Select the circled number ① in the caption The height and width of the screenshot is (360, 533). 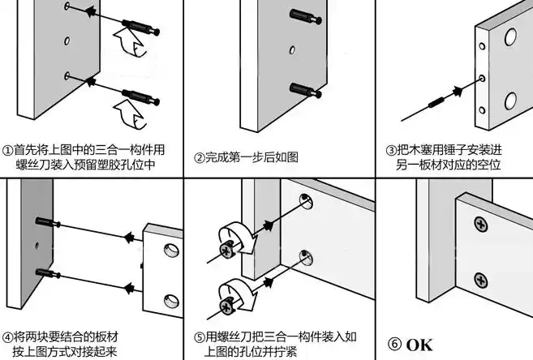(x=7, y=151)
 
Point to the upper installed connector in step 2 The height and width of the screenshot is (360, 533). (x=302, y=16)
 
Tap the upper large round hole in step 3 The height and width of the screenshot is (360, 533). (x=509, y=36)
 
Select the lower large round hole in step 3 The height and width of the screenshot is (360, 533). (x=509, y=101)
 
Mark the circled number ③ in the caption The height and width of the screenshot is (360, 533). (x=391, y=151)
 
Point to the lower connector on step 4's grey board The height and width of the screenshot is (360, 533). (x=46, y=269)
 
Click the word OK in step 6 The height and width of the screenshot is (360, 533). (x=419, y=344)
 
